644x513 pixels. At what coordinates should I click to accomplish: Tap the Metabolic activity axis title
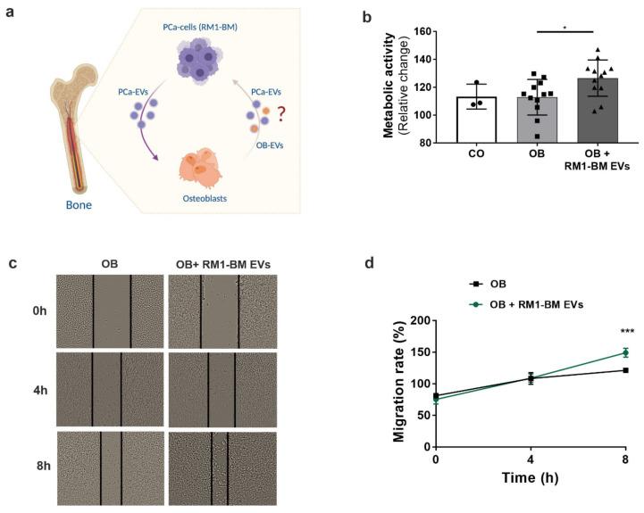click(390, 87)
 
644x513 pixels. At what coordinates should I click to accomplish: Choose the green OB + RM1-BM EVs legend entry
click(525, 304)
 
